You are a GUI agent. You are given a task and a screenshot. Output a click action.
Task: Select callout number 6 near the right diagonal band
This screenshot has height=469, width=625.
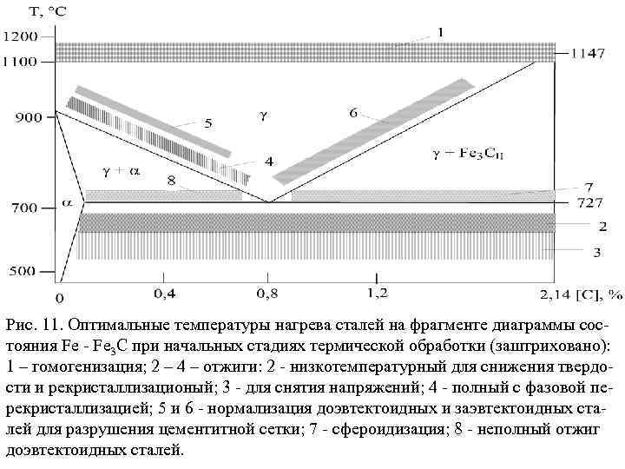pyautogui.click(x=353, y=113)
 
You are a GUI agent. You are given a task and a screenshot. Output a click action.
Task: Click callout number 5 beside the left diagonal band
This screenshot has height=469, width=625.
pyautogui.click(x=207, y=124)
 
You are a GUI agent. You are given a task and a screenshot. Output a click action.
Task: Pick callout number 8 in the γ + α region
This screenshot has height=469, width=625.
pyautogui.click(x=172, y=181)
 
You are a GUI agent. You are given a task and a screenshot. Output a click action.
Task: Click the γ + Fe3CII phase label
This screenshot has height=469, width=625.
pyautogui.click(x=464, y=155)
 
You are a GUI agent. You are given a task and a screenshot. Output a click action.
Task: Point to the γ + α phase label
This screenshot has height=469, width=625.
pyautogui.click(x=121, y=170)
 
